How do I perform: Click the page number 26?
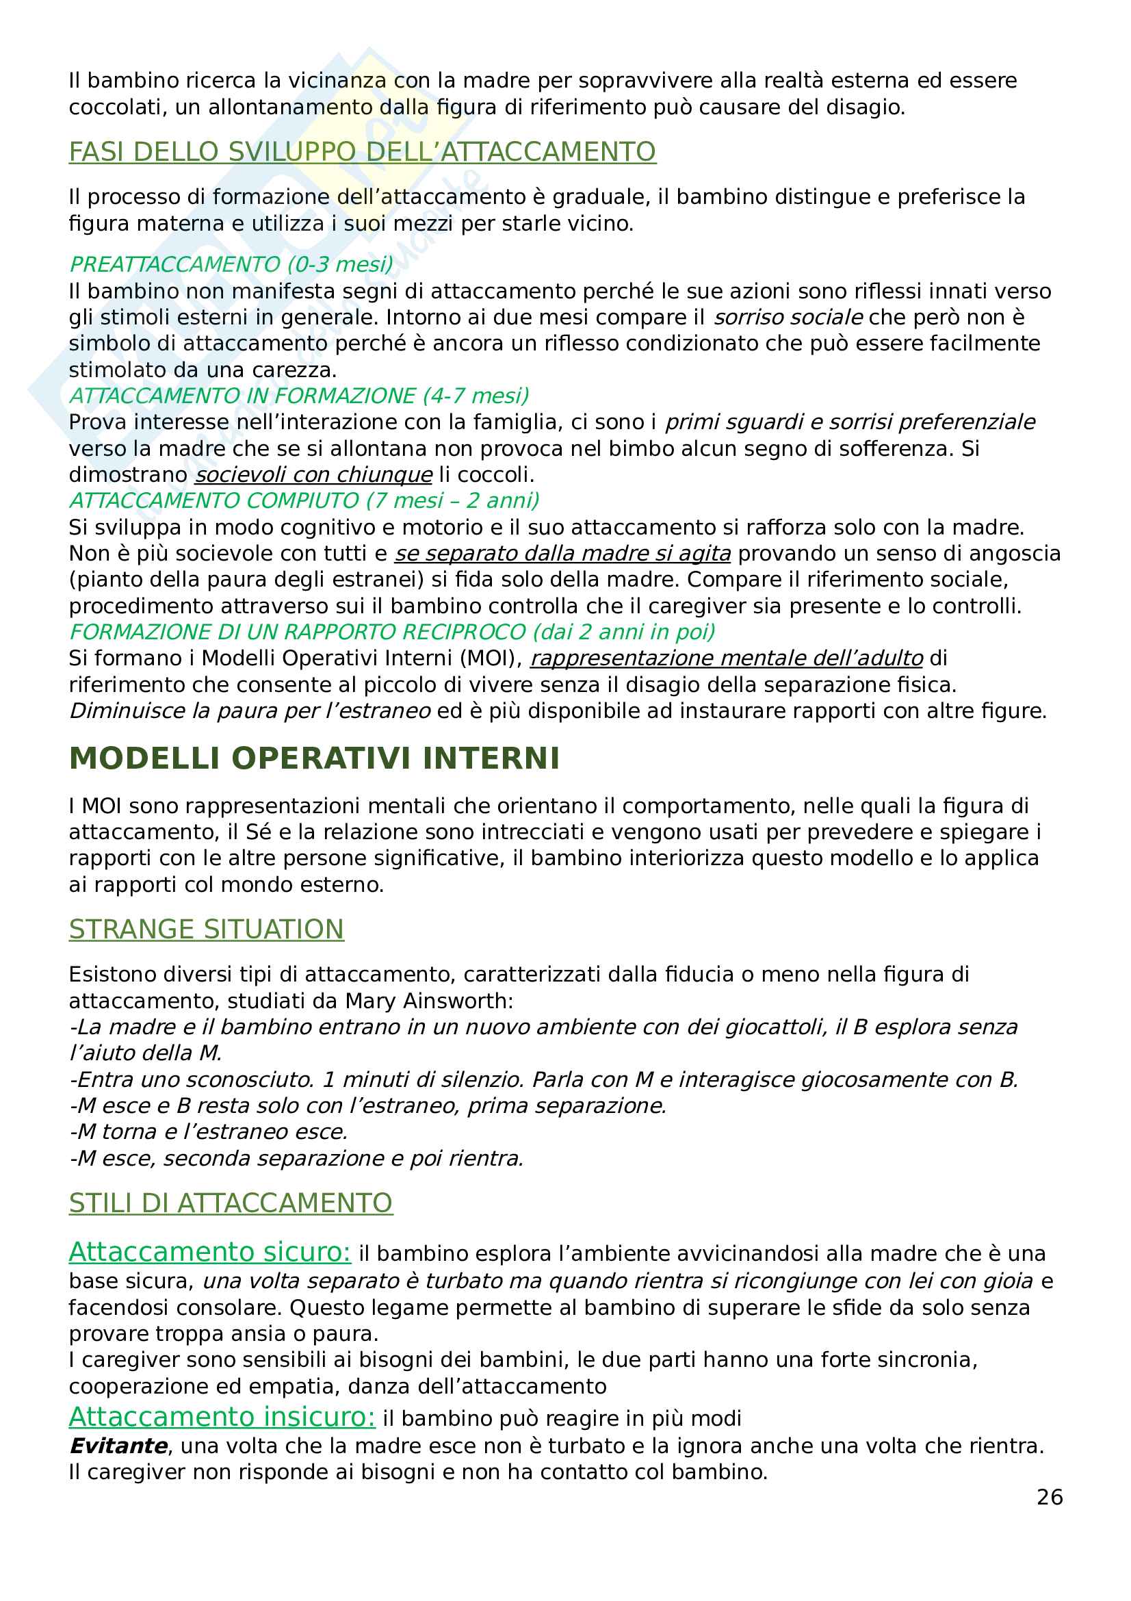pos(1049,1496)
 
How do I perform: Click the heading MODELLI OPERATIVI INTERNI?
pos(314,758)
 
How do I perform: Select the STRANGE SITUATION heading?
pos(206,929)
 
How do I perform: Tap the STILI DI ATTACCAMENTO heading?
pos(231,1203)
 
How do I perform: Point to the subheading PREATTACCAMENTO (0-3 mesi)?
pos(231,264)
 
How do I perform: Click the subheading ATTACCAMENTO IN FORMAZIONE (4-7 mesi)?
pos(299,396)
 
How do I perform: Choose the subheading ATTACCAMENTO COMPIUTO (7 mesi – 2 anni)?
pos(304,500)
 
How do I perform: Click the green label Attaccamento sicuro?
pos(210,1252)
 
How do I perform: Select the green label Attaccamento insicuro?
pos(222,1416)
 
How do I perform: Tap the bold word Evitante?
pos(118,1446)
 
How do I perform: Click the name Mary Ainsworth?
pos(428,1001)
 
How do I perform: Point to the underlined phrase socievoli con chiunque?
pos(313,474)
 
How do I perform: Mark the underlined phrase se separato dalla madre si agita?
pos(562,553)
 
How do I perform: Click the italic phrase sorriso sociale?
pos(788,318)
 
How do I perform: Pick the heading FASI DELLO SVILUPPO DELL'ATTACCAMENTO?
pos(363,151)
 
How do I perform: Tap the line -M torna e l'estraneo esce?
pos(209,1131)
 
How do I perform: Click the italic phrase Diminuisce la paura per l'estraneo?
pos(250,710)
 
